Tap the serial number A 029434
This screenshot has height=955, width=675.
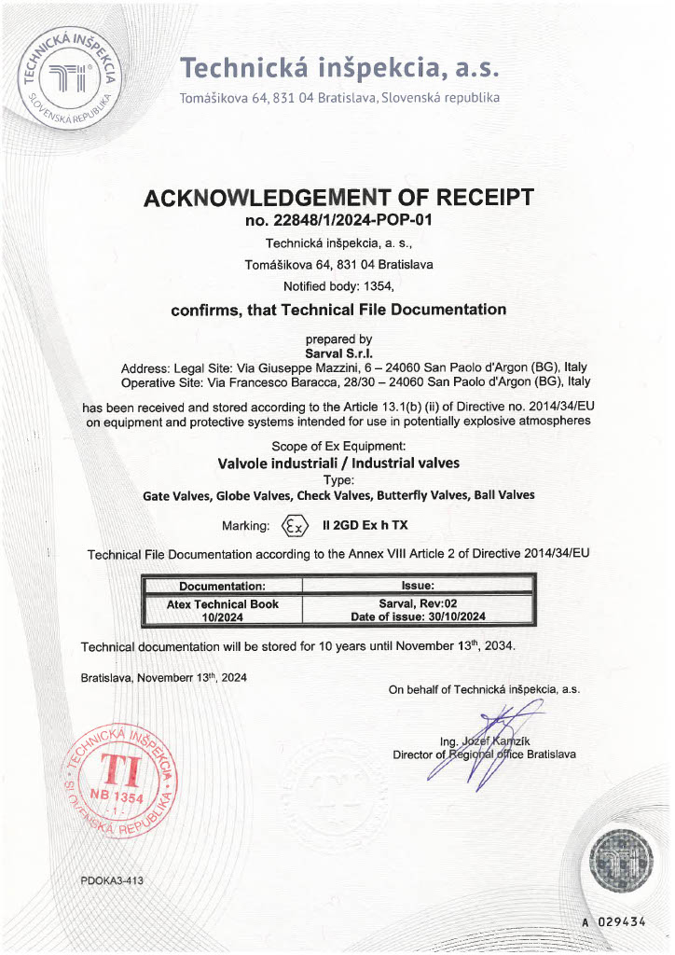(x=614, y=921)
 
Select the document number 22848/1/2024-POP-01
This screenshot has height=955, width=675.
(x=338, y=221)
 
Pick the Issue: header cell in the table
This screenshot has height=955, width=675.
(x=417, y=586)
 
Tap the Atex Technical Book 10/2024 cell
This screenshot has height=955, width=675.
(x=222, y=610)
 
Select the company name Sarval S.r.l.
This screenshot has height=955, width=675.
(x=338, y=353)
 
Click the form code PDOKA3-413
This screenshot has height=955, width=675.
(x=112, y=880)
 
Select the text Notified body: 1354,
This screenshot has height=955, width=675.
(x=338, y=286)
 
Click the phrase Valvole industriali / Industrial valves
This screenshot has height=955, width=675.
(x=338, y=463)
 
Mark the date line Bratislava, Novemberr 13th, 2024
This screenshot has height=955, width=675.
(x=164, y=678)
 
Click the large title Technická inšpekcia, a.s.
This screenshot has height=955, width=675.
(x=339, y=68)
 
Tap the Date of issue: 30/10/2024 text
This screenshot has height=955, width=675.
(x=417, y=616)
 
